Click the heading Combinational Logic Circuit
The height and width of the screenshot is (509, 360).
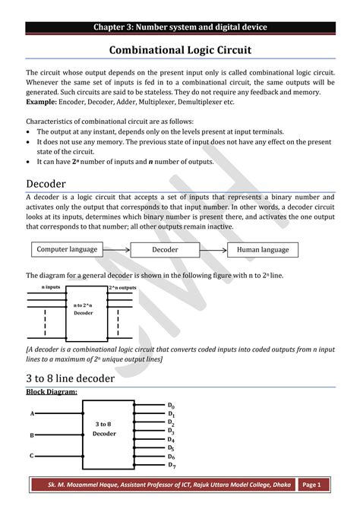(x=180, y=51)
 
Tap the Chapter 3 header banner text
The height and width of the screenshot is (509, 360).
(x=180, y=27)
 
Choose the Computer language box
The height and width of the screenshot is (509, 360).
(x=68, y=249)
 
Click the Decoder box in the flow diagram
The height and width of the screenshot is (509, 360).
(x=165, y=249)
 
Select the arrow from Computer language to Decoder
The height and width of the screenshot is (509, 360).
(x=116, y=249)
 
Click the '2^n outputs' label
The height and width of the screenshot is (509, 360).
(x=122, y=287)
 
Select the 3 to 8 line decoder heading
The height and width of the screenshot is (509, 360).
(x=70, y=378)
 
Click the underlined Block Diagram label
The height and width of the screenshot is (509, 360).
(x=52, y=392)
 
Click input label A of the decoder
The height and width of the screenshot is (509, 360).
(x=32, y=414)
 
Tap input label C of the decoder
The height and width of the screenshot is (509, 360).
(x=32, y=456)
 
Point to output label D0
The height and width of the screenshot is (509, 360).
(x=171, y=406)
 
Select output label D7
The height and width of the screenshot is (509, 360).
(x=171, y=464)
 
